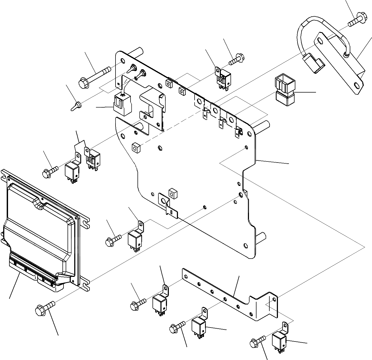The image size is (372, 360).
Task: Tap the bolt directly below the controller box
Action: click(x=44, y=308)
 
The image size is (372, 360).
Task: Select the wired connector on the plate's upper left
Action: click(x=123, y=105)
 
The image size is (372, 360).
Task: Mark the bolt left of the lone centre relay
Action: click(x=113, y=240)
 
